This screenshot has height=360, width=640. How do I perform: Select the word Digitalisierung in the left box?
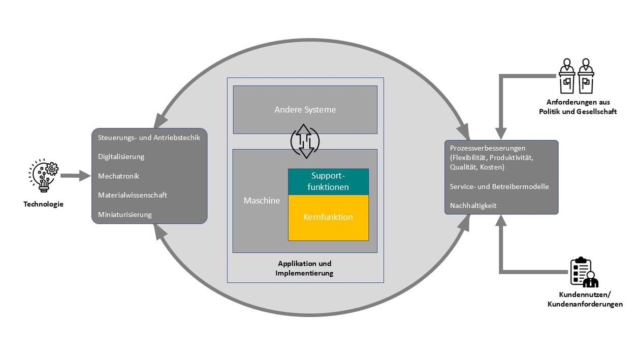(x=121, y=157)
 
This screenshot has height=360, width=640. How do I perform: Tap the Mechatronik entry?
(x=118, y=176)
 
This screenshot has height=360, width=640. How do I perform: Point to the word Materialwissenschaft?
(x=132, y=195)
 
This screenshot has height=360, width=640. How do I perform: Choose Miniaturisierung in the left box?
(x=124, y=214)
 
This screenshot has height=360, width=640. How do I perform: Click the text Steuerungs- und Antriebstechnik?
(x=149, y=138)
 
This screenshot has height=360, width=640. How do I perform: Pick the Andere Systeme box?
(x=305, y=110)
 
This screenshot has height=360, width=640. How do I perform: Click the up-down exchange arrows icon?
(x=305, y=141)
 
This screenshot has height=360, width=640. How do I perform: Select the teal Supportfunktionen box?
(x=328, y=182)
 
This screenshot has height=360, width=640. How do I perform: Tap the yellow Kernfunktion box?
(x=328, y=217)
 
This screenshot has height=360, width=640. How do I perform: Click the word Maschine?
(x=262, y=201)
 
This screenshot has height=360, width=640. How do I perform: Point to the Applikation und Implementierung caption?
(x=304, y=269)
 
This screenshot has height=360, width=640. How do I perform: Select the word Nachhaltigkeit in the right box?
(x=473, y=206)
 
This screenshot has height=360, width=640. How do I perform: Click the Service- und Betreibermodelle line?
(x=499, y=187)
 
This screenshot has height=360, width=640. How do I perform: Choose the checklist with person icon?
(x=584, y=273)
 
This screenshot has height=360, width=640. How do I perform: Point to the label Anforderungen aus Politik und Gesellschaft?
(x=578, y=107)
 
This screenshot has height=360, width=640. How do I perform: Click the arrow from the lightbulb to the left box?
(x=74, y=176)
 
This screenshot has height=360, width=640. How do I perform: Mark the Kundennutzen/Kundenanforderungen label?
(x=585, y=300)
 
